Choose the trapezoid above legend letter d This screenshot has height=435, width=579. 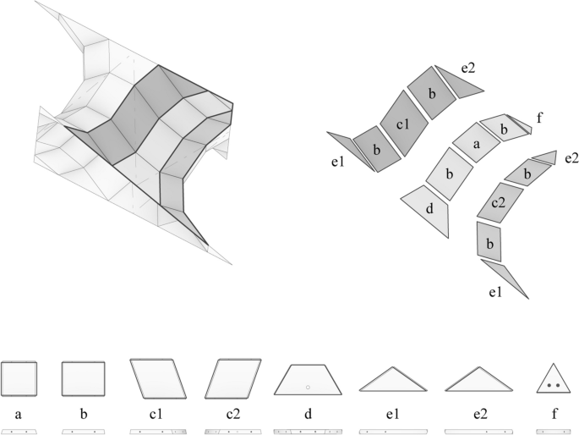308,380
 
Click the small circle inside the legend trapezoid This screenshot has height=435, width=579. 308,386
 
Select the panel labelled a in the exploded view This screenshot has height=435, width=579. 476,145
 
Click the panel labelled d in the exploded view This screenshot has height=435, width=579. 429,206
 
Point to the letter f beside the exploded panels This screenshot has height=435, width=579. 538,118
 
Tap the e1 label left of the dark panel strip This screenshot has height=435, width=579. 337,162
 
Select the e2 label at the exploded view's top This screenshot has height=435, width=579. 469,67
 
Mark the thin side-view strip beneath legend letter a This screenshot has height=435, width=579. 19,431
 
